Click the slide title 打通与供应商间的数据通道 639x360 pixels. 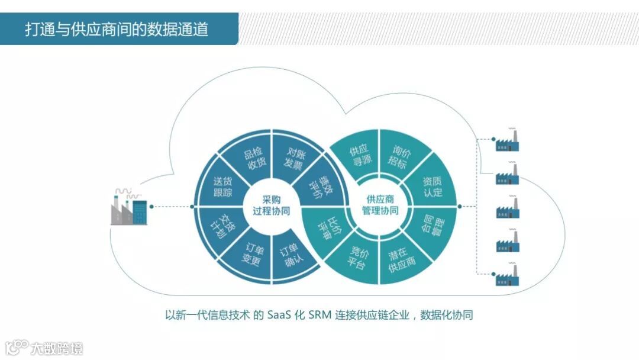point(117,29)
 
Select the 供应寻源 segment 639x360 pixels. point(360,155)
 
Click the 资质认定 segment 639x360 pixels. point(432,186)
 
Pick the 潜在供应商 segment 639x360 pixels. point(402,256)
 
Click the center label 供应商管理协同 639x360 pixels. point(380,205)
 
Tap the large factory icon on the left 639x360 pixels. point(128,207)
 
